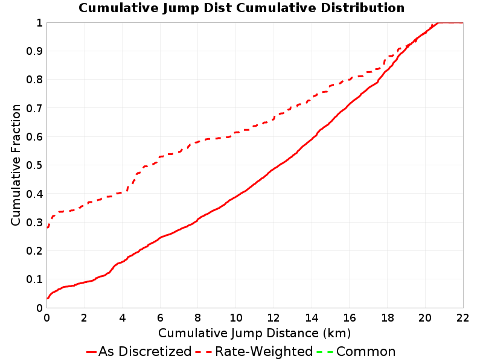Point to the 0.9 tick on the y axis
[x=34, y=51]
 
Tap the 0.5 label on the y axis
[x=34, y=165]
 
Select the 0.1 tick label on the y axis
[x=34, y=279]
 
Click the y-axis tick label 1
[x=39, y=22]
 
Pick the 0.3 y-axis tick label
[x=34, y=222]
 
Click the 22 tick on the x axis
[x=462, y=318]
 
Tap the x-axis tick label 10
[x=235, y=318]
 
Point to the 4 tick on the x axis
[x=123, y=318]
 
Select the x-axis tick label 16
[x=350, y=318]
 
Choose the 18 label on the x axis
[x=387, y=318]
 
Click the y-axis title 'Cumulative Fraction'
[x=16, y=165]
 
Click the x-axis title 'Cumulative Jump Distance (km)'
[x=254, y=334]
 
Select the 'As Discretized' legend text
[x=145, y=352]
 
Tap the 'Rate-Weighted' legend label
[x=264, y=352]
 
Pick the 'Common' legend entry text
[x=366, y=352]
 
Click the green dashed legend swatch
[x=325, y=352]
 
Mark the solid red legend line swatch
[x=92, y=352]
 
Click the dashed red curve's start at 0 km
[x=48, y=227]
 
